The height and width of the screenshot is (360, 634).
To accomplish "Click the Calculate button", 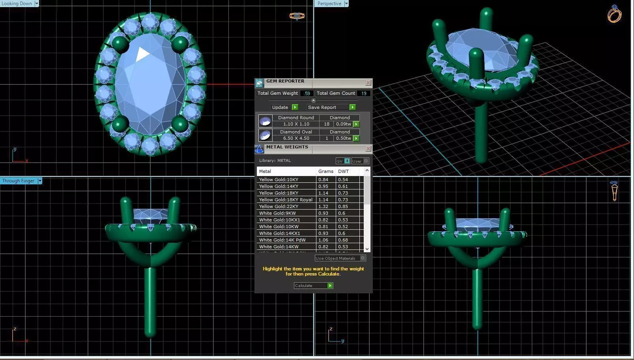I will (x=313, y=285).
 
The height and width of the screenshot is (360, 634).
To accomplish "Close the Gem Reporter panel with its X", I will (x=368, y=83).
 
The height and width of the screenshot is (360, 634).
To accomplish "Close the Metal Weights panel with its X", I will (x=368, y=149).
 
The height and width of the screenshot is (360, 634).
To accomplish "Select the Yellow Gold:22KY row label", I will (x=279, y=206).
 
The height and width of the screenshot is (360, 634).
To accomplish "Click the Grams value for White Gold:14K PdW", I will (x=323, y=240).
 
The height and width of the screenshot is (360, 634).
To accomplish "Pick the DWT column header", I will (x=343, y=171).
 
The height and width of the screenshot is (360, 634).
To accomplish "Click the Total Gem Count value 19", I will (x=363, y=94).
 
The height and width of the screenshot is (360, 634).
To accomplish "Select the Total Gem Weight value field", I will (x=307, y=94).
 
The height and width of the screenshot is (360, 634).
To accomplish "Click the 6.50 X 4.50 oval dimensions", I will (x=296, y=139).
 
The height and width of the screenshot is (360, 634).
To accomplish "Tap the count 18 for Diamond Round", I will (x=327, y=124).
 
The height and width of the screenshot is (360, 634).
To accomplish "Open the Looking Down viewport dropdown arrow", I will (x=37, y=4).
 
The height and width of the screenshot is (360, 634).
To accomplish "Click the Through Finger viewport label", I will (x=19, y=181).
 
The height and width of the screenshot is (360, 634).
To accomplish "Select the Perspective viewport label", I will (x=329, y=4).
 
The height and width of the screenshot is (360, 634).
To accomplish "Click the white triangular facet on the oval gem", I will (x=142, y=54).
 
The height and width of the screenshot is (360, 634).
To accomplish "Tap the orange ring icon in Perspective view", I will (x=614, y=15).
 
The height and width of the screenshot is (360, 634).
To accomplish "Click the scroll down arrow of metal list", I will (x=367, y=249).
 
